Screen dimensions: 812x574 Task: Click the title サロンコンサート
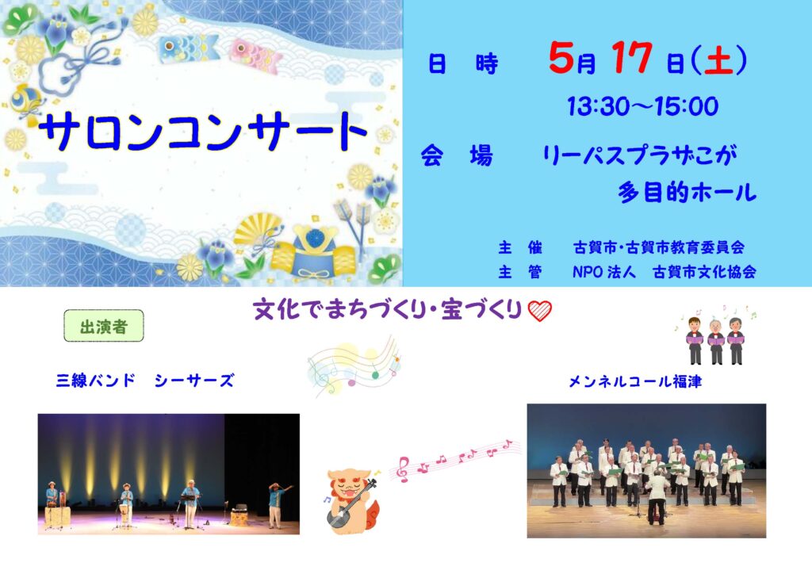(x=202, y=132)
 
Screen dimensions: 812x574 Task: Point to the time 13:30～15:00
(x=642, y=106)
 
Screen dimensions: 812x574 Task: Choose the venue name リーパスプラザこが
(x=640, y=155)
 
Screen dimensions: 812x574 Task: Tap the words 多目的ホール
(x=687, y=192)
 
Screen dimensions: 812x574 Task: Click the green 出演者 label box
(x=104, y=326)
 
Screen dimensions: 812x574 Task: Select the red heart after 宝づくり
(x=539, y=311)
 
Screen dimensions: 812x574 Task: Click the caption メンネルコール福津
(x=635, y=381)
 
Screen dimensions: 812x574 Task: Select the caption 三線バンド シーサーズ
(x=145, y=381)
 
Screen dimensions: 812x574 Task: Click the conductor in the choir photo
(x=657, y=496)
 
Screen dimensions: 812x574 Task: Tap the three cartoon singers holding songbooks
(x=715, y=339)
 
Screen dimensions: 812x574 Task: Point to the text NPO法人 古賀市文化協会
(x=665, y=272)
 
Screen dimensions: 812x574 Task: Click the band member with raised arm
(x=278, y=505)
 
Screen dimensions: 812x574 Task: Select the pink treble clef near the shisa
(x=402, y=469)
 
